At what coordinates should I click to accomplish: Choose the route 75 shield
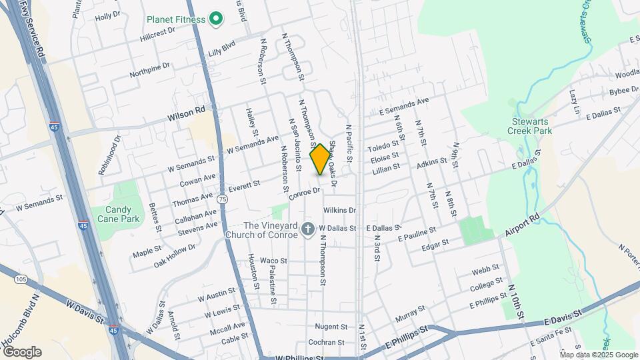tap(222, 199)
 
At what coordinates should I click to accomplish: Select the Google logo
tap(22, 352)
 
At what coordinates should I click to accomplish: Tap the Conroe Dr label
tap(306, 193)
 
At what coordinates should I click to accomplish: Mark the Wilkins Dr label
tap(340, 210)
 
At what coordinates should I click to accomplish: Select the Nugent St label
tap(331, 327)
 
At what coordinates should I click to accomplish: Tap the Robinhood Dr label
tap(109, 155)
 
